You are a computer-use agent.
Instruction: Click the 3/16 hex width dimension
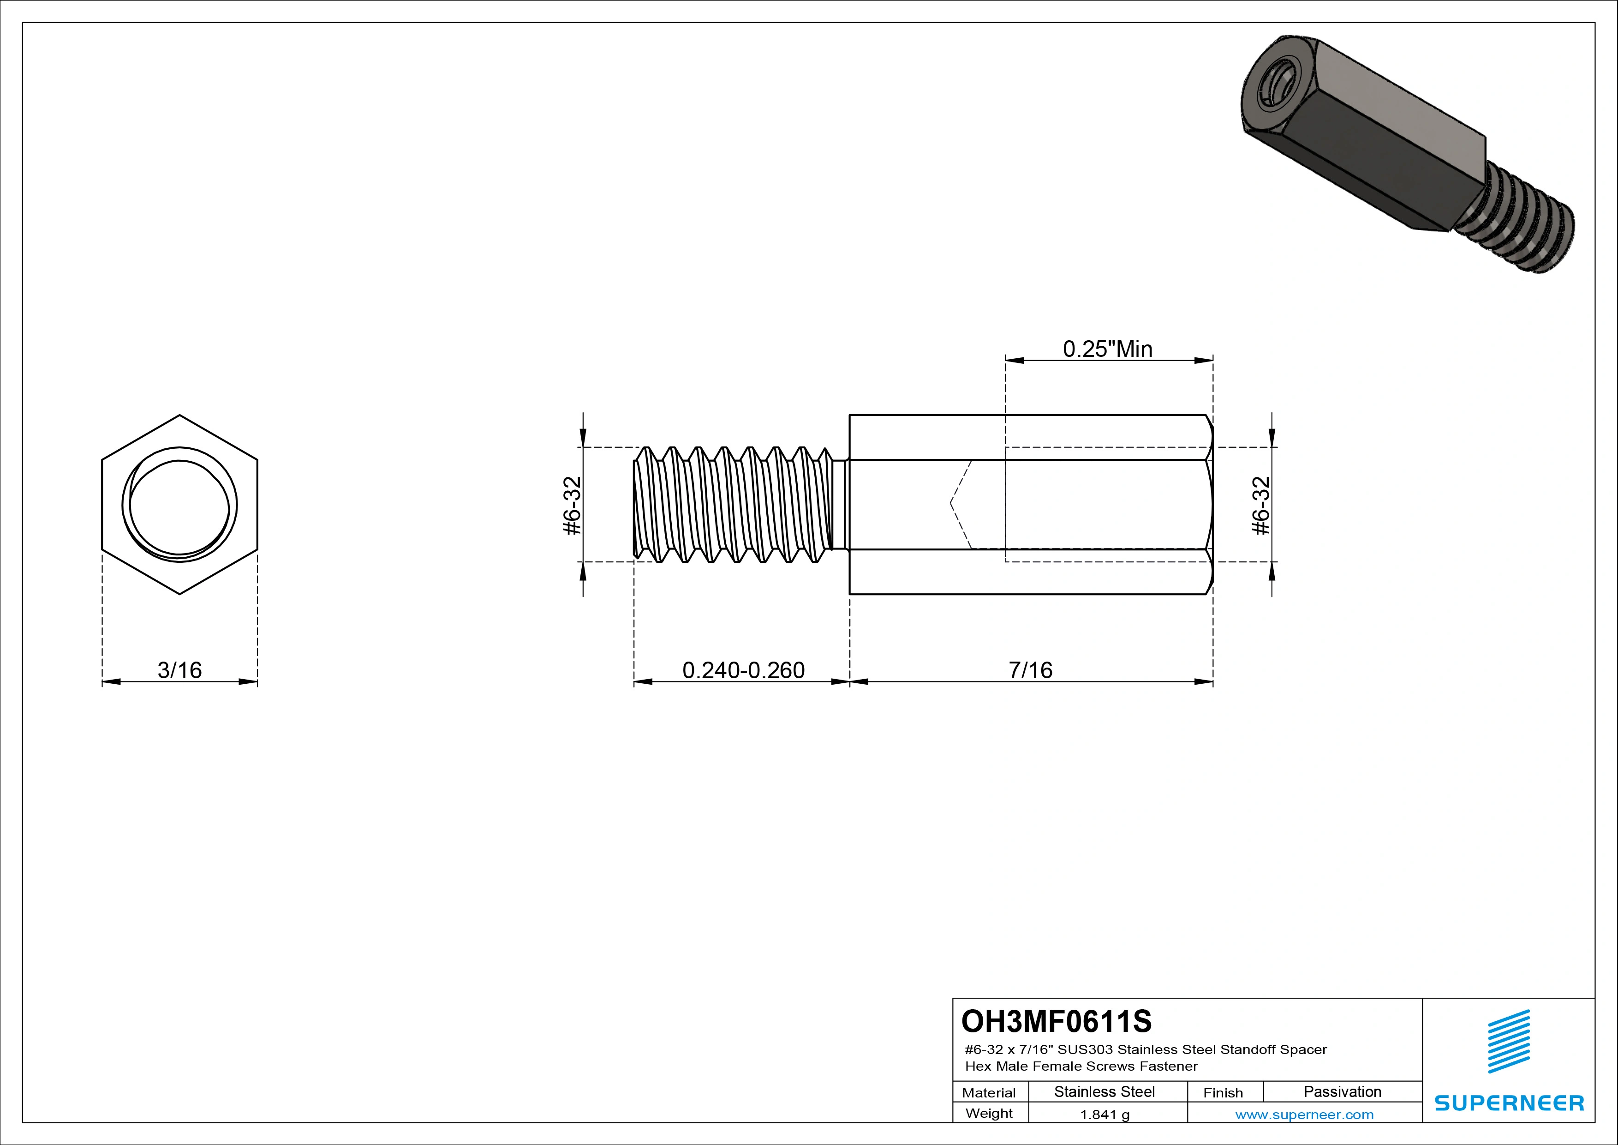(x=179, y=670)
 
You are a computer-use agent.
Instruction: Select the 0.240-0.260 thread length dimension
(x=743, y=670)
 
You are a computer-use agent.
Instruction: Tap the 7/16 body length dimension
(x=1030, y=670)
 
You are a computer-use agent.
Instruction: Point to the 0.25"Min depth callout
(x=1108, y=349)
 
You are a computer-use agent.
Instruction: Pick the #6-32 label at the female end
(x=1261, y=506)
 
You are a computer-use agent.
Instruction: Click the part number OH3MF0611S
(x=1057, y=1021)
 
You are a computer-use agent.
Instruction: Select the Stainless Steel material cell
(x=1104, y=1092)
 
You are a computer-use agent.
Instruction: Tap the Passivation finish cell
(x=1343, y=1092)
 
